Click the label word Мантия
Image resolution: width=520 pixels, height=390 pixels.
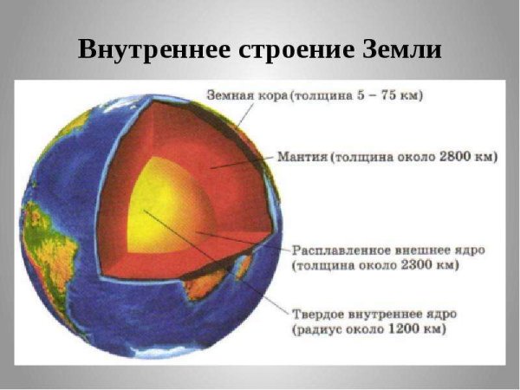(x=302, y=158)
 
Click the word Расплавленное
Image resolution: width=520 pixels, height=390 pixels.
(x=341, y=249)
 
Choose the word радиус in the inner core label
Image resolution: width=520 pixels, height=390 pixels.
(x=320, y=329)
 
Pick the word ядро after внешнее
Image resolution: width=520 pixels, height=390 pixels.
(x=467, y=249)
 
